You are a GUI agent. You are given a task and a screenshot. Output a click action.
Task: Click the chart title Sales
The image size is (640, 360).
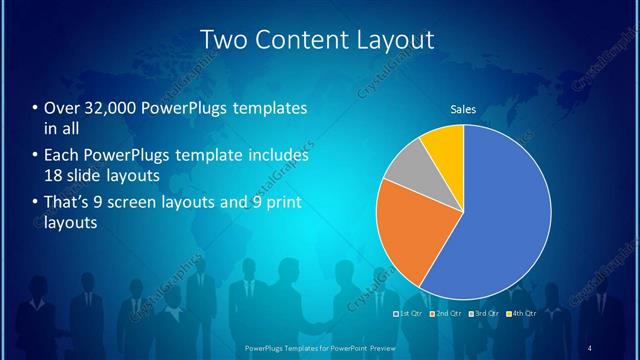[x=462, y=109]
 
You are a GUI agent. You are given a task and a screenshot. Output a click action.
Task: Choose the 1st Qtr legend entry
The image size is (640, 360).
[x=410, y=315]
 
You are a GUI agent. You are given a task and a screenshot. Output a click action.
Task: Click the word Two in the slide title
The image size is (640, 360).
[x=227, y=40]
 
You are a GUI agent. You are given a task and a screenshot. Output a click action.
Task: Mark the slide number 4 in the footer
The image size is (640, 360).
[x=590, y=348]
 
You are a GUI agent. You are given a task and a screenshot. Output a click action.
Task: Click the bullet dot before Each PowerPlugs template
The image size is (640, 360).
[x=35, y=157]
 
